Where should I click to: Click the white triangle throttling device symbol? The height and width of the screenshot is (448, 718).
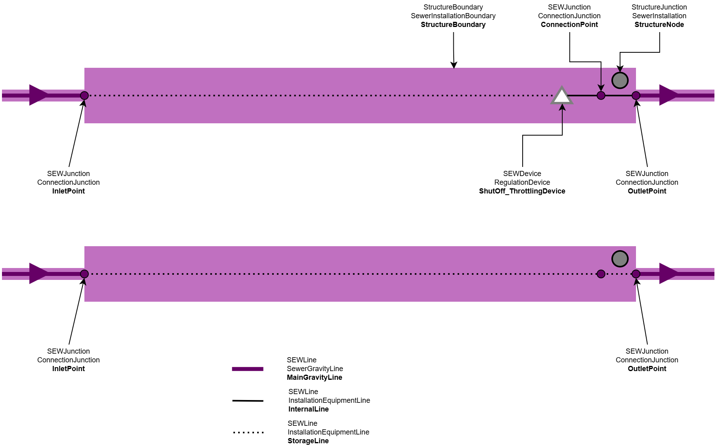pos(562,97)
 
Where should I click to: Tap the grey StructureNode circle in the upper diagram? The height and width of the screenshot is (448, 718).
pos(620,80)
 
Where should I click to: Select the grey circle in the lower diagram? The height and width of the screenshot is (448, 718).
pos(620,259)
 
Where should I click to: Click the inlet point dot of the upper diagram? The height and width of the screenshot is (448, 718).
pos(84,96)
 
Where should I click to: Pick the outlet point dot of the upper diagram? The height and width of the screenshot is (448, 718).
pos(636,96)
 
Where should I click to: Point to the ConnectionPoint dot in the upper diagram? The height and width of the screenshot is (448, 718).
pos(601,96)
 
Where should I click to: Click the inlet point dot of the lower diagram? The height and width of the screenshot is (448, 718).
pos(84,274)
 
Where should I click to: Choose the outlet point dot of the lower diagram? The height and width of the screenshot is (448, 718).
pos(636,274)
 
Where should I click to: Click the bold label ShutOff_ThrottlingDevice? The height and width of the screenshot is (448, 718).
pos(522,191)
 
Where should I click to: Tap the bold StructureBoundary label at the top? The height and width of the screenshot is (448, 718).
pos(453,25)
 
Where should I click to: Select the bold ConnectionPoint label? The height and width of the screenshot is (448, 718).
pos(569,25)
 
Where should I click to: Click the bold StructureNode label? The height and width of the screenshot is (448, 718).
pos(659,25)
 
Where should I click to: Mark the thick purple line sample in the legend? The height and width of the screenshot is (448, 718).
pos(248,369)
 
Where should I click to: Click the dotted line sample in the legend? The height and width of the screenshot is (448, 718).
pos(248,433)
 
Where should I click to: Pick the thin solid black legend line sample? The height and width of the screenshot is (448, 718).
pos(248,401)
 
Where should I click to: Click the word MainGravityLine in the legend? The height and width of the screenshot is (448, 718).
pos(314,377)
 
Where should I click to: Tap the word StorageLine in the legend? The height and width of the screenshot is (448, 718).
pos(308,441)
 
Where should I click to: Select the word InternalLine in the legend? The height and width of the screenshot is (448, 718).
pos(308,409)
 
